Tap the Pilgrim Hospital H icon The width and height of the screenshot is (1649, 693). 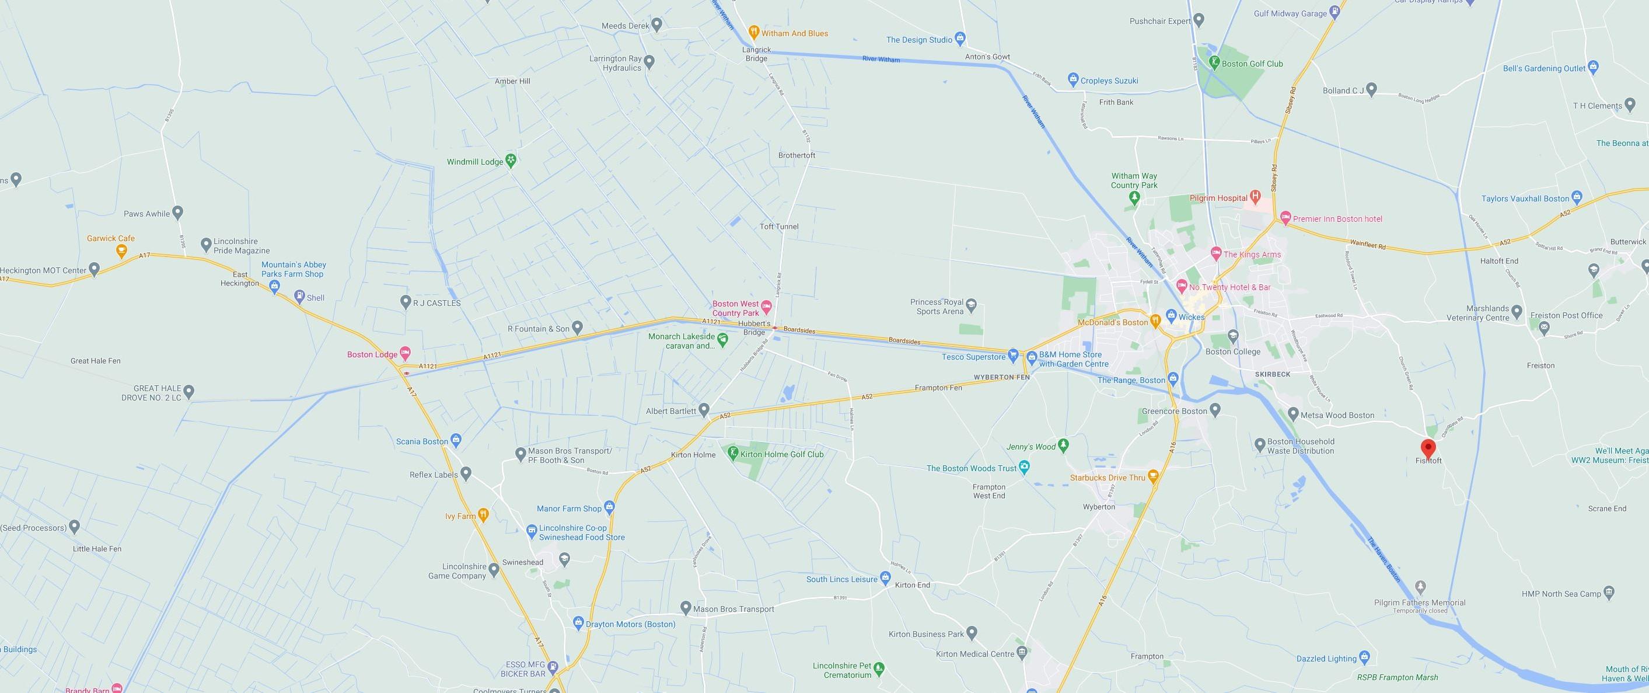click(1255, 196)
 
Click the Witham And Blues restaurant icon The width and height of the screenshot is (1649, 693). click(754, 33)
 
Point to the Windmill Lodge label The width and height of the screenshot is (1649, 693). click(475, 162)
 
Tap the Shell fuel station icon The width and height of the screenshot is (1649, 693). click(299, 297)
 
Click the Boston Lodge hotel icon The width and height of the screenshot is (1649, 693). click(404, 353)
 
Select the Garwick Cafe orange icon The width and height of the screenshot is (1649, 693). click(120, 250)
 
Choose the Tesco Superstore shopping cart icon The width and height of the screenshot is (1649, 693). click(1013, 354)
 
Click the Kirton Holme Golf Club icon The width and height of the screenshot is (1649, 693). click(733, 454)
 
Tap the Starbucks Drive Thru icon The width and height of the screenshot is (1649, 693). click(1153, 476)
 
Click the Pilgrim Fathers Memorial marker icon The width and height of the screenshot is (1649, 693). click(1420, 586)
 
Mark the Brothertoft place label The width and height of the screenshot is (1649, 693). click(796, 156)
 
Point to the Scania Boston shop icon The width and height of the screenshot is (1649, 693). click(455, 440)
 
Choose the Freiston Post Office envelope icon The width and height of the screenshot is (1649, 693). click(1543, 328)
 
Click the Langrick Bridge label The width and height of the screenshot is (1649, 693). click(756, 54)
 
